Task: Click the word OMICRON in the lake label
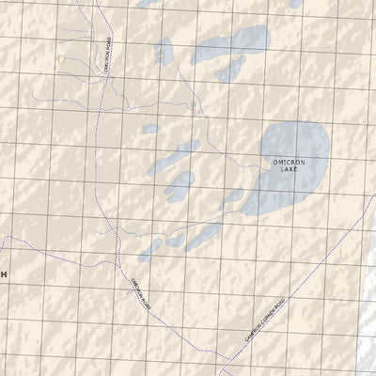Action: (x=289, y=164)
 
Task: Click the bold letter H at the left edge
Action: (x=3, y=274)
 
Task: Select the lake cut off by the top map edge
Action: (x=155, y=4)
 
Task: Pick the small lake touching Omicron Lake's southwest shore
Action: (x=232, y=199)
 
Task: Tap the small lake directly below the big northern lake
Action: (x=227, y=71)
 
